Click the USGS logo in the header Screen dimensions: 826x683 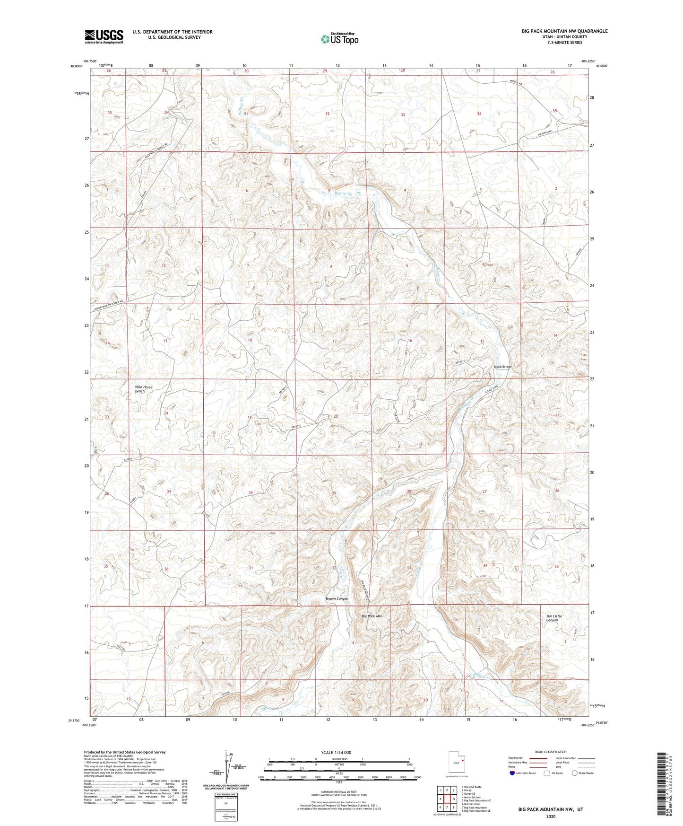click(104, 36)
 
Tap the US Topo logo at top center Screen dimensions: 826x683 click(339, 39)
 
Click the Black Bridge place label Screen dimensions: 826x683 click(502, 367)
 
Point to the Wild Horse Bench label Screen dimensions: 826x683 click(144, 389)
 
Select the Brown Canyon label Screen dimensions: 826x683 click(337, 598)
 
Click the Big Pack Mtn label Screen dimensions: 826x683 click(372, 616)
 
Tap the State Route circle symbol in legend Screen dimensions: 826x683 click(575, 773)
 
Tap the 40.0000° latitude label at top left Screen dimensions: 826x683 click(76, 67)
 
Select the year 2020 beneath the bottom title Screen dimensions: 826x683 click(550, 816)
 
